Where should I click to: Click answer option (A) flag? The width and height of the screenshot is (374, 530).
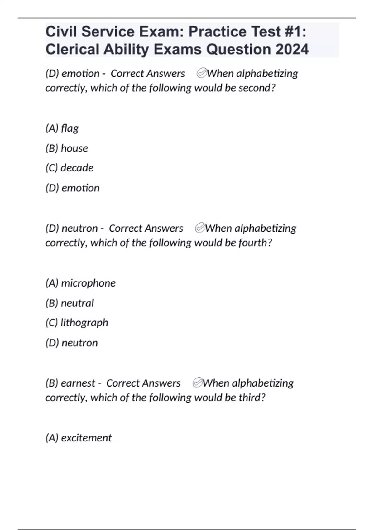[x=62, y=128]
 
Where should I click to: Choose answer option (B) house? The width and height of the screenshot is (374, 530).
[x=67, y=148]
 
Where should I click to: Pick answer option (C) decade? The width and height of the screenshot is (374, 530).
[x=69, y=168]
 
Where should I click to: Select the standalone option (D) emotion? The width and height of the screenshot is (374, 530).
[x=72, y=188]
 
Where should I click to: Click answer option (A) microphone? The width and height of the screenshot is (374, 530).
[x=80, y=283]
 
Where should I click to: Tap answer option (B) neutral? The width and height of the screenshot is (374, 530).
[x=70, y=303]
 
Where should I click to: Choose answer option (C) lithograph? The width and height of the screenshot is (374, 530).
[x=77, y=323]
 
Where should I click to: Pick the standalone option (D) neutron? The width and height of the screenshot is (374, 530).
[x=71, y=343]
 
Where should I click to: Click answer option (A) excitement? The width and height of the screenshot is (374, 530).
[x=79, y=438]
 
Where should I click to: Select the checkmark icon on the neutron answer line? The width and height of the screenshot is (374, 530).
[x=200, y=228]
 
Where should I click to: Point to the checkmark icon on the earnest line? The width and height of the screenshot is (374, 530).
[x=198, y=383]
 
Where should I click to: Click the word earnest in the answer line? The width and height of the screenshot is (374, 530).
[x=78, y=383]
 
